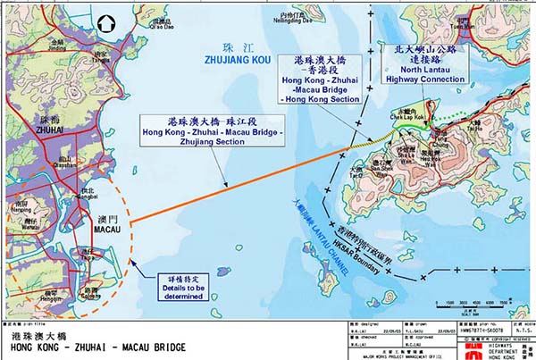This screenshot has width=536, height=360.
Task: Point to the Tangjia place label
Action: [102, 61]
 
